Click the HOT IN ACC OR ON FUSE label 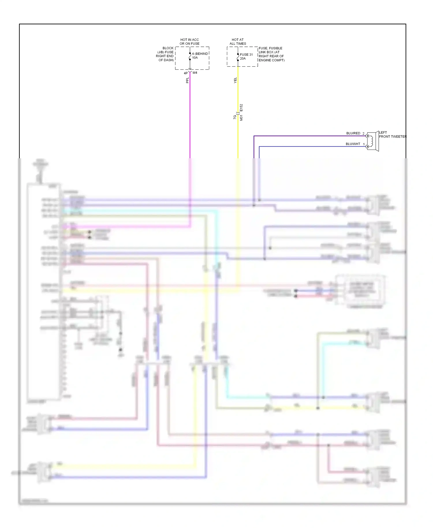[x=189, y=42]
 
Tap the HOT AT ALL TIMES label [x=238, y=42]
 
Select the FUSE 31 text [x=246, y=54]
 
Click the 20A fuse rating [x=243, y=58]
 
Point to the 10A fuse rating [x=195, y=57]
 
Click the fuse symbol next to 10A [x=190, y=57]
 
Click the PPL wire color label [x=187, y=80]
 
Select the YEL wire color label [x=235, y=80]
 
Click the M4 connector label [x=195, y=73]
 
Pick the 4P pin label [x=186, y=73]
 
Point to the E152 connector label [x=241, y=108]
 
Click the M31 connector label [x=241, y=117]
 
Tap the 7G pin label [x=235, y=117]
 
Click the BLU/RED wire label [x=353, y=133]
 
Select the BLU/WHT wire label [x=353, y=144]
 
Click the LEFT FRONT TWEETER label [x=392, y=135]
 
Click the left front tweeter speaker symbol [x=373, y=141]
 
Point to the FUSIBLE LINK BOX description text [x=271, y=54]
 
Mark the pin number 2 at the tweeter [x=363, y=133]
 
